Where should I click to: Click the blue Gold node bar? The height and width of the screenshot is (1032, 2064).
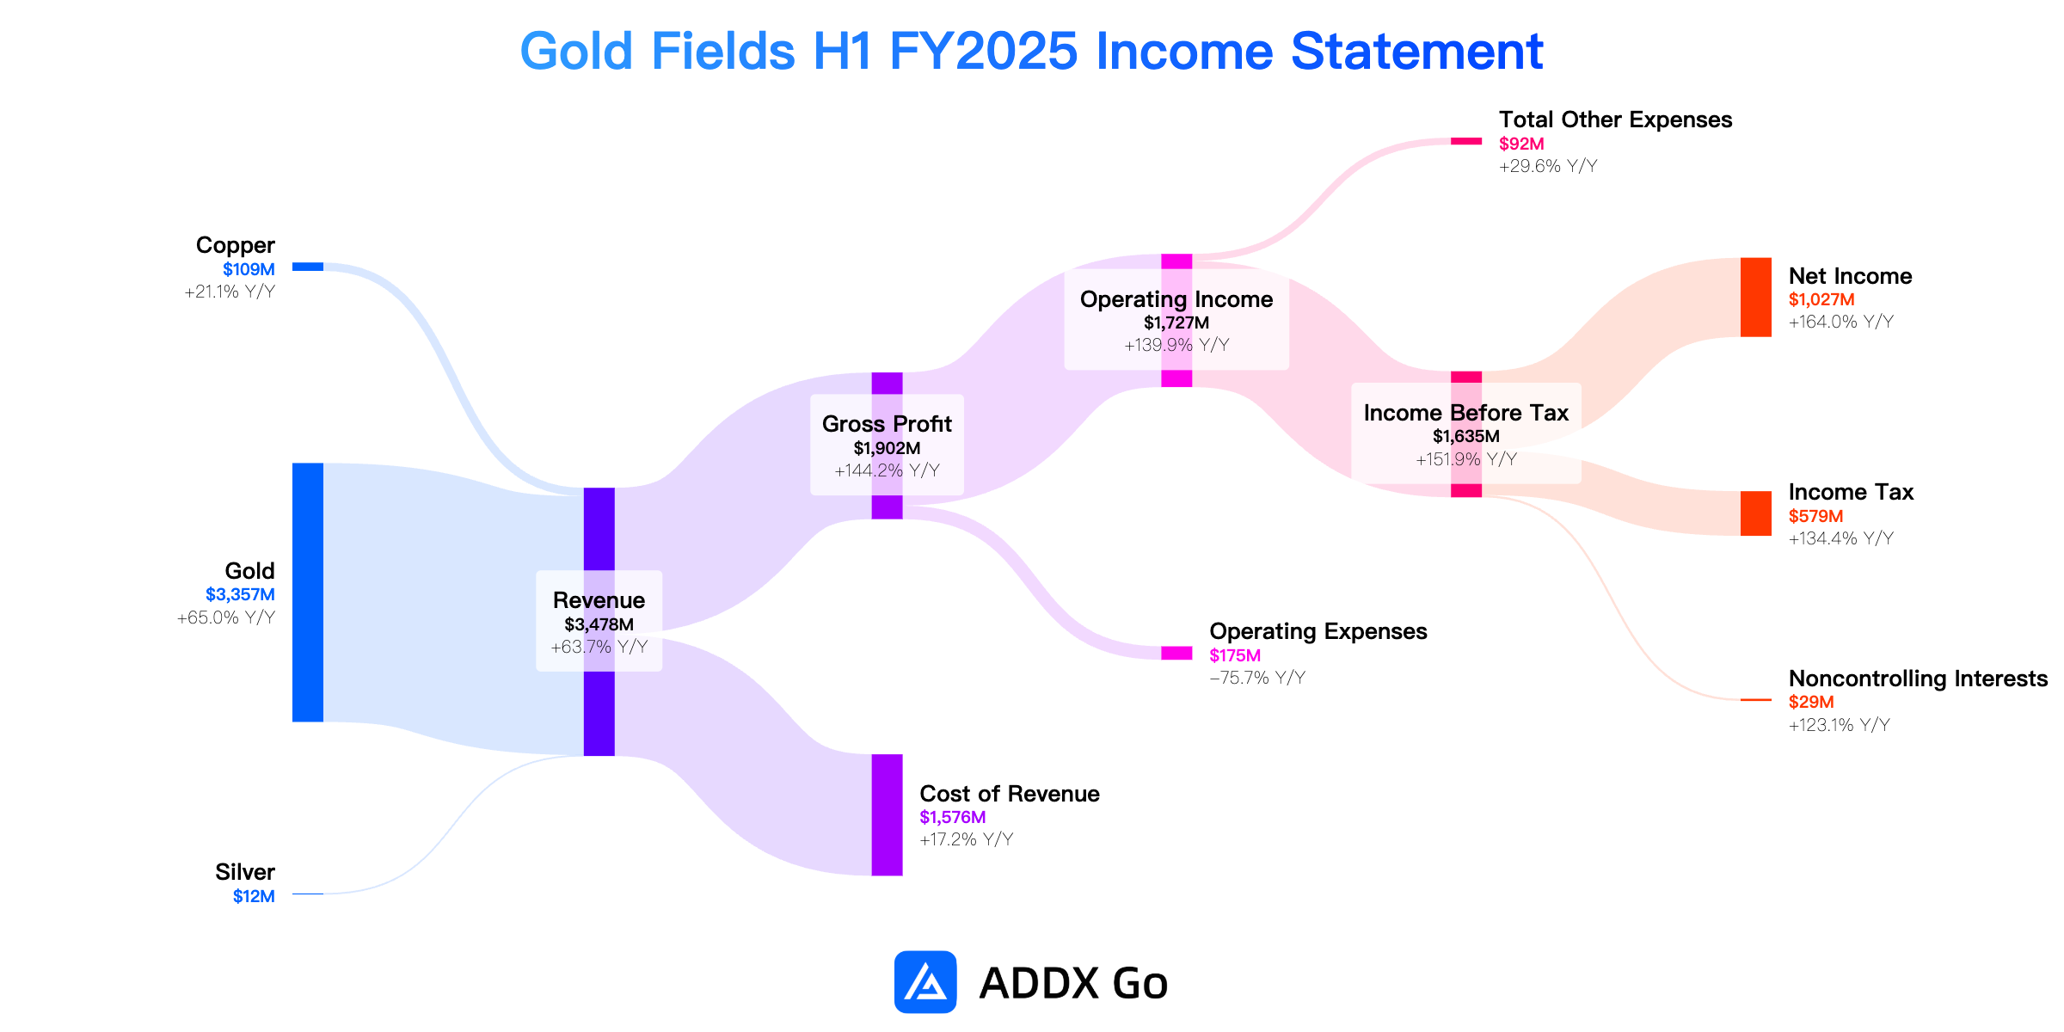coord(308,593)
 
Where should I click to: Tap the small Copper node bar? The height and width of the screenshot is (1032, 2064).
coord(308,267)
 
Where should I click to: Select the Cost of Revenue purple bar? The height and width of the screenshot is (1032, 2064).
coord(887,815)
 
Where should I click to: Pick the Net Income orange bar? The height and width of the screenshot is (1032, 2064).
coord(1756,298)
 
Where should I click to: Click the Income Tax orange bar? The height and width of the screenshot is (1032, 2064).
coord(1756,513)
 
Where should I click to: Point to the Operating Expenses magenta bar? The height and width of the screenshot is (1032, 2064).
coord(1176,654)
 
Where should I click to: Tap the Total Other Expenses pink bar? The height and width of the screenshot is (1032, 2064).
coord(1466,141)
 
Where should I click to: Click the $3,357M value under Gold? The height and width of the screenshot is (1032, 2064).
coord(240,595)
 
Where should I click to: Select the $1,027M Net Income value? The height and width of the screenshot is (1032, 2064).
coord(1821,300)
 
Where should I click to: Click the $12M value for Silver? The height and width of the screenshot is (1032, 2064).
coord(254,896)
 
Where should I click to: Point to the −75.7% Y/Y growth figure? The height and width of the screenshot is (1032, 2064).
coord(1257,678)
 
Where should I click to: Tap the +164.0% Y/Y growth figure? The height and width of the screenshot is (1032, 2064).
coord(1841,322)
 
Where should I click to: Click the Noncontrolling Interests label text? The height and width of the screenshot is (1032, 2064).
coord(1918,679)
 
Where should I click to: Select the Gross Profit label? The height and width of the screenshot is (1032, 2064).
coord(887,424)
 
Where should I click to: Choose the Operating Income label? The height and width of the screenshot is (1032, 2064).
coord(1176,299)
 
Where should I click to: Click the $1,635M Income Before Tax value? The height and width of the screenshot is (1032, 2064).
coord(1466,437)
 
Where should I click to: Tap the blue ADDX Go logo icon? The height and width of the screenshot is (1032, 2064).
coord(925,982)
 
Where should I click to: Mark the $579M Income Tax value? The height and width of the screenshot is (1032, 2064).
coord(1816,516)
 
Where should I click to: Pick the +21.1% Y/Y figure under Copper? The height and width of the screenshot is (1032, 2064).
coord(230,292)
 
